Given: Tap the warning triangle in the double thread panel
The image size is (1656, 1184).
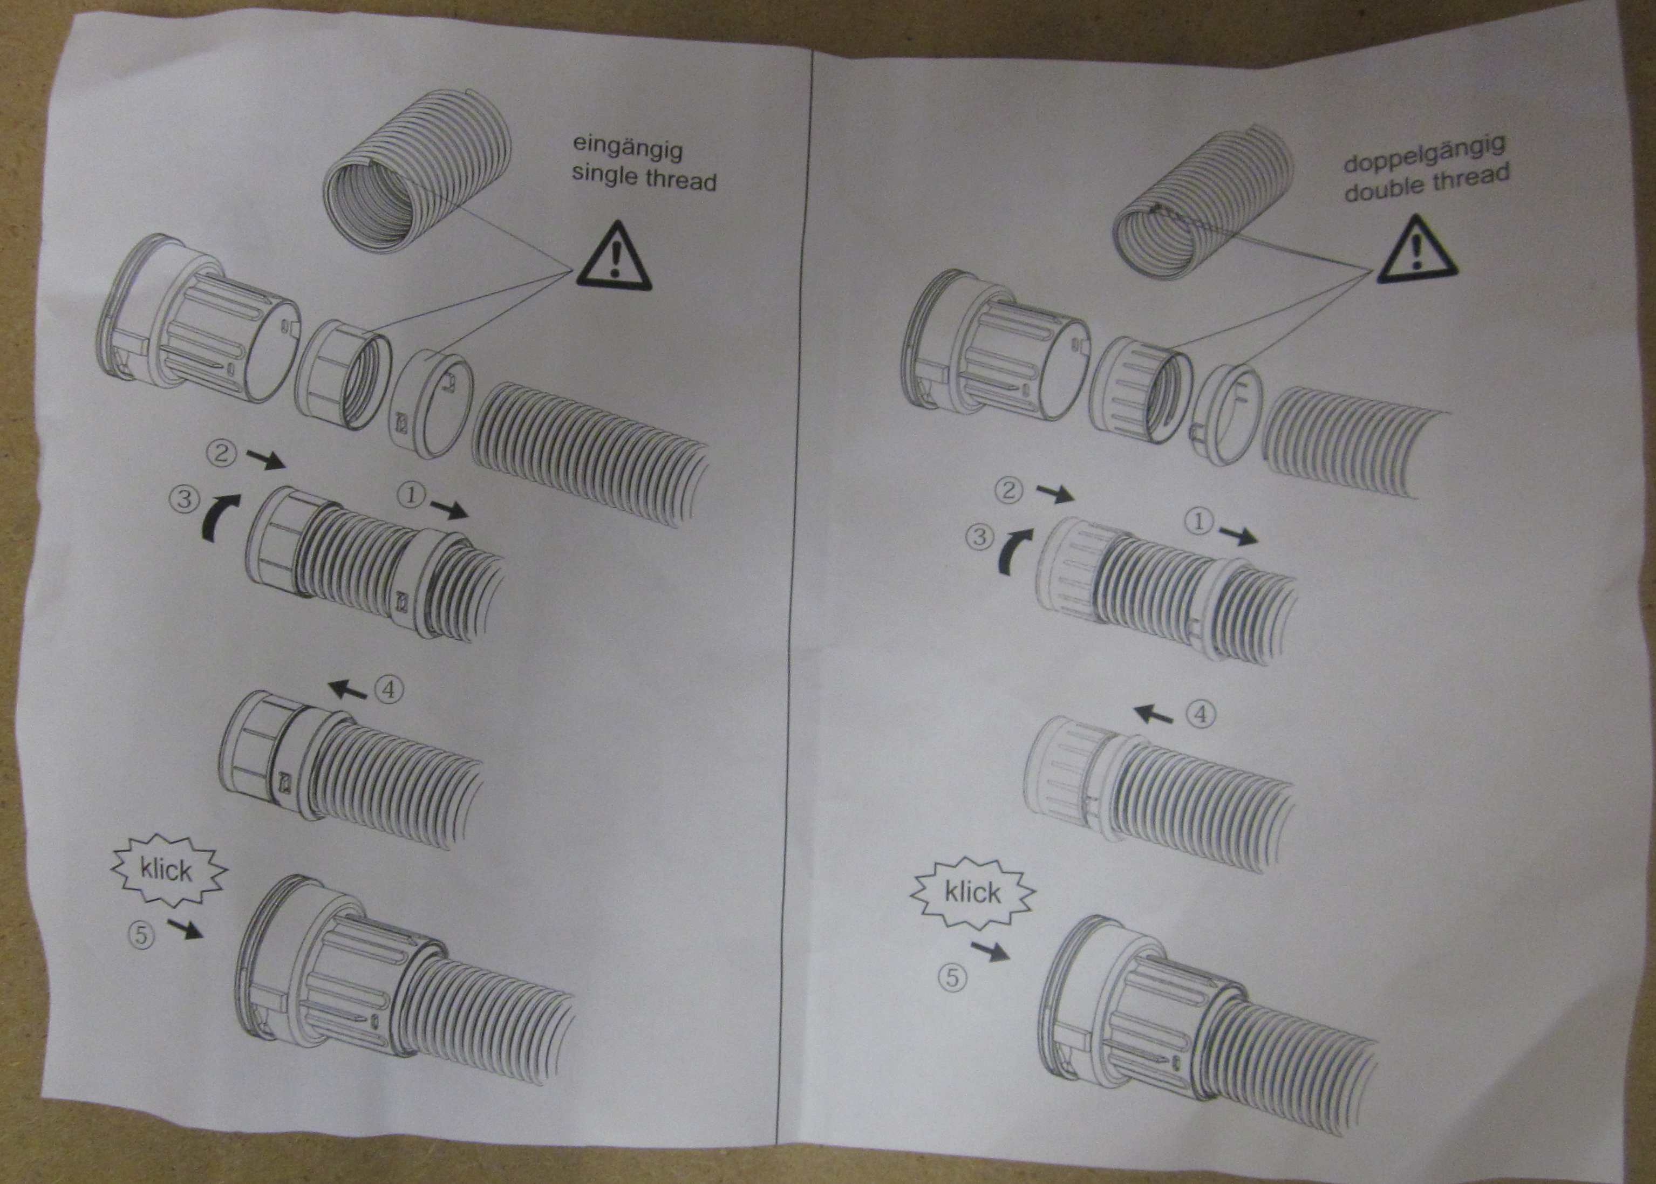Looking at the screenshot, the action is pos(1415,249).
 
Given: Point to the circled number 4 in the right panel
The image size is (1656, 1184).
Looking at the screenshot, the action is pos(1203,715).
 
